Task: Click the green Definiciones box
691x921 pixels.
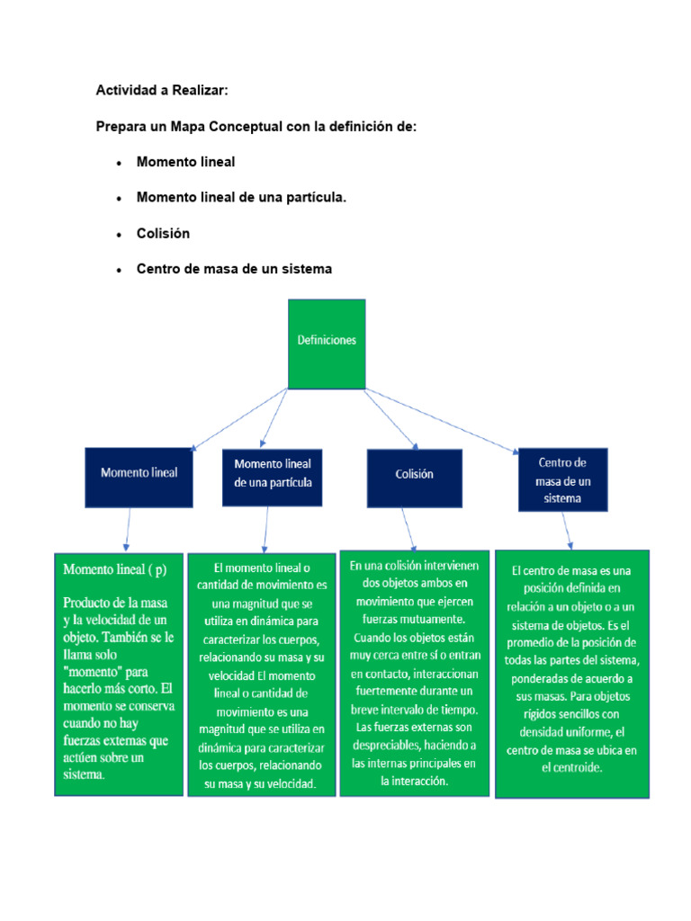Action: tap(327, 343)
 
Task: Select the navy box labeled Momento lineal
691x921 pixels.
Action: tap(139, 472)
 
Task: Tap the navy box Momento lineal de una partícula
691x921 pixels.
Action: tap(272, 473)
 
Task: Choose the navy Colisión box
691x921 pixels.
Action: tap(414, 474)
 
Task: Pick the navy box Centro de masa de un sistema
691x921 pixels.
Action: tap(562, 480)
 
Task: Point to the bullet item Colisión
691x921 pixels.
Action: tap(163, 233)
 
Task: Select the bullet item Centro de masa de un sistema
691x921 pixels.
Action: tap(234, 268)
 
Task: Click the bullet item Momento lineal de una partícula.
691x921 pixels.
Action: tap(241, 197)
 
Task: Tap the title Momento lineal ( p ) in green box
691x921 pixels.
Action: tap(113, 569)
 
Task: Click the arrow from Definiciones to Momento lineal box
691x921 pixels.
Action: tap(238, 418)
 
